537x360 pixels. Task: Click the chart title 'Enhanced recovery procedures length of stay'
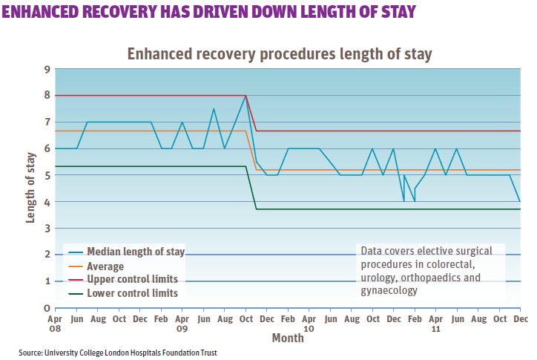(x=280, y=54)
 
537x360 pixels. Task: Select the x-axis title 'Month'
(x=287, y=338)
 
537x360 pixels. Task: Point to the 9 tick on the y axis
(x=47, y=69)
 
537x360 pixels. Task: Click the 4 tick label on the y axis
(x=47, y=202)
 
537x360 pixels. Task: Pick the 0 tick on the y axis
(x=47, y=308)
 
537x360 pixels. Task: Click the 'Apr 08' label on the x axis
(x=56, y=323)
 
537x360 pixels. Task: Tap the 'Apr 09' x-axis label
(x=182, y=323)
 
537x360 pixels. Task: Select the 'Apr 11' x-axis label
(x=436, y=323)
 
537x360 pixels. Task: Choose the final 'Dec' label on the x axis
(x=521, y=318)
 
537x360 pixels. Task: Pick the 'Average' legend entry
(x=105, y=266)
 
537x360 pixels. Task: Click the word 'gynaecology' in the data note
(x=387, y=291)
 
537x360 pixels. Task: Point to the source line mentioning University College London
(x=118, y=352)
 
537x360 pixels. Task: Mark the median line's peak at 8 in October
(x=246, y=96)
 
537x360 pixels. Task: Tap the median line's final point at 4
(x=520, y=201)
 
